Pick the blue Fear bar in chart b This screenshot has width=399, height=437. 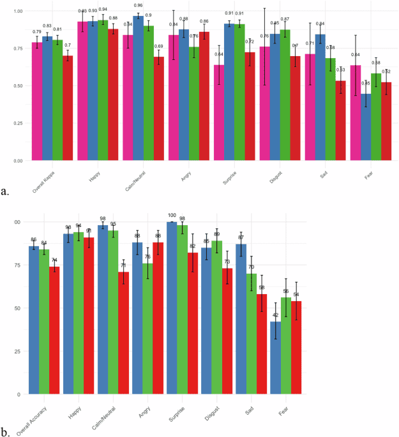(x=276, y=357)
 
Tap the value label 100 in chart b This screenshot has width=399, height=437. (x=172, y=215)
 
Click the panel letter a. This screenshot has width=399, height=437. (x=5, y=191)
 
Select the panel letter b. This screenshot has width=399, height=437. (x=5, y=431)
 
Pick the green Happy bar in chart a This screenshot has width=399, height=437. (x=103, y=90)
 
